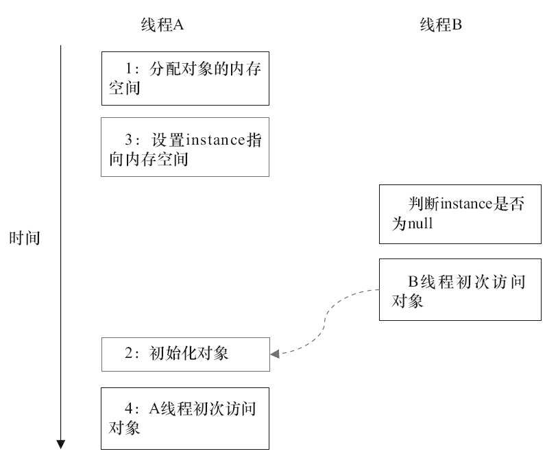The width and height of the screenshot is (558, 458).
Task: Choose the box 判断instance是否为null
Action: click(x=459, y=214)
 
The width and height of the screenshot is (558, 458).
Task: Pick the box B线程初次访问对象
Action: click(x=459, y=290)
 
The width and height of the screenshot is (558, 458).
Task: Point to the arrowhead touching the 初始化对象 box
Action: click(x=274, y=354)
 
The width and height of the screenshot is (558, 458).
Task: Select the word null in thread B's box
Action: click(x=420, y=224)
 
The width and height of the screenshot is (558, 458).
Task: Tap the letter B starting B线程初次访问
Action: click(x=413, y=282)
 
